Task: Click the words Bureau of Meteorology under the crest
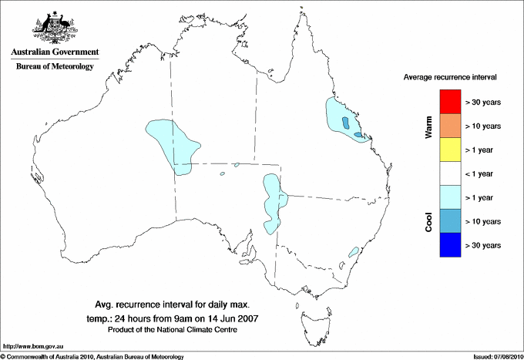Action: tap(54, 66)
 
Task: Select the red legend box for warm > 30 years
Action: tap(448, 102)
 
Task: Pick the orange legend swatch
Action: tap(448, 126)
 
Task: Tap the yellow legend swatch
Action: tap(448, 150)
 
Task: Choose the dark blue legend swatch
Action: tap(448, 245)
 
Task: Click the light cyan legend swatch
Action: tap(448, 197)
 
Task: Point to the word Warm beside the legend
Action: tap(429, 126)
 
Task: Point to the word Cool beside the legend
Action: tap(429, 222)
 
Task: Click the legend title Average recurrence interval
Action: tap(450, 78)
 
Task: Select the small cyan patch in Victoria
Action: tap(354, 251)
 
